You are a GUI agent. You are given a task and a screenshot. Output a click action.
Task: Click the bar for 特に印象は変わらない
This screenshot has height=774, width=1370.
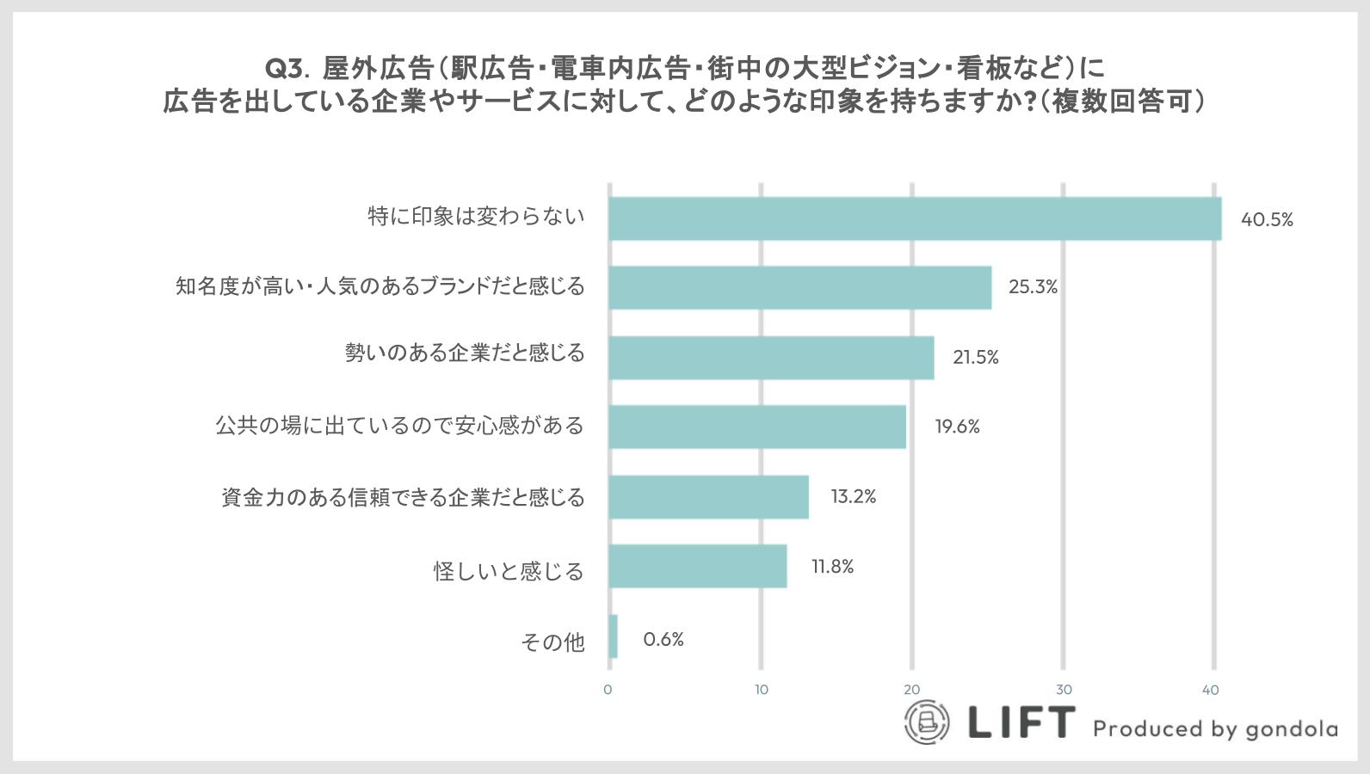click(x=915, y=218)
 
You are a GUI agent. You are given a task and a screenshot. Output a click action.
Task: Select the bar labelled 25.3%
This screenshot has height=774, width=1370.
click(x=799, y=287)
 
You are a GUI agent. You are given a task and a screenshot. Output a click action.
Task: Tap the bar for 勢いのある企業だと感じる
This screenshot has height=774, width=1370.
click(x=771, y=357)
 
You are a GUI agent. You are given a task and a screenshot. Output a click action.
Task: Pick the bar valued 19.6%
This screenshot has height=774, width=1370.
click(x=757, y=427)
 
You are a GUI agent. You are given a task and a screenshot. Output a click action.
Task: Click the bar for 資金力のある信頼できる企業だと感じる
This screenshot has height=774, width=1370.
click(x=708, y=496)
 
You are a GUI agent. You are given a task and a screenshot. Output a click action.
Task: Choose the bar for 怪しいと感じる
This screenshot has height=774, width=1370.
click(x=698, y=566)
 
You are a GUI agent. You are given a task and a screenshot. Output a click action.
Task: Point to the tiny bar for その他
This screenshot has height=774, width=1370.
click(x=613, y=636)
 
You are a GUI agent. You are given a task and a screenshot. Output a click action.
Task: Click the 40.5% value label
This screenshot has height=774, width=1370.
click(x=1267, y=220)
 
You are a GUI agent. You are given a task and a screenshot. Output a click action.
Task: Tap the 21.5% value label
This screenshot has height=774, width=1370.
click(x=976, y=358)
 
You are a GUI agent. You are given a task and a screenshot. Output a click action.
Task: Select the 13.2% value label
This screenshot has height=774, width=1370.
click(x=853, y=497)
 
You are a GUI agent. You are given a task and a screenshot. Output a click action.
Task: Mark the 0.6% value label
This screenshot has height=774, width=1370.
click(x=663, y=640)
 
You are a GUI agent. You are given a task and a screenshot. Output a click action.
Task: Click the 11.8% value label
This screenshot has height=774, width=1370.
click(x=832, y=567)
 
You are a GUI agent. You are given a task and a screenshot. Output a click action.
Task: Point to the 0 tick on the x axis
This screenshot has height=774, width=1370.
click(x=608, y=690)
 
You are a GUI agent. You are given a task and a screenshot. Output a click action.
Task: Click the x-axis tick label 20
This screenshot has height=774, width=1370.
click(x=911, y=690)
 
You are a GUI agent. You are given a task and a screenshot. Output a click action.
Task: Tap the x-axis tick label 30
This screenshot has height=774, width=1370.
click(x=1064, y=690)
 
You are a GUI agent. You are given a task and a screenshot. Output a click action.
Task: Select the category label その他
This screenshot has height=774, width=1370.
click(x=552, y=642)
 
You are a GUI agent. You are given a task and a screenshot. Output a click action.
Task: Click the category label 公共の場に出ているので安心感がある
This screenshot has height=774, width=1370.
click(x=399, y=426)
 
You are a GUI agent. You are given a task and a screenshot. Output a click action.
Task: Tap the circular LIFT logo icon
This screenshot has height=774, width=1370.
click(x=927, y=722)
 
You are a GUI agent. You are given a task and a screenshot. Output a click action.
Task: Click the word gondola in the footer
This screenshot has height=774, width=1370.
click(x=1292, y=729)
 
